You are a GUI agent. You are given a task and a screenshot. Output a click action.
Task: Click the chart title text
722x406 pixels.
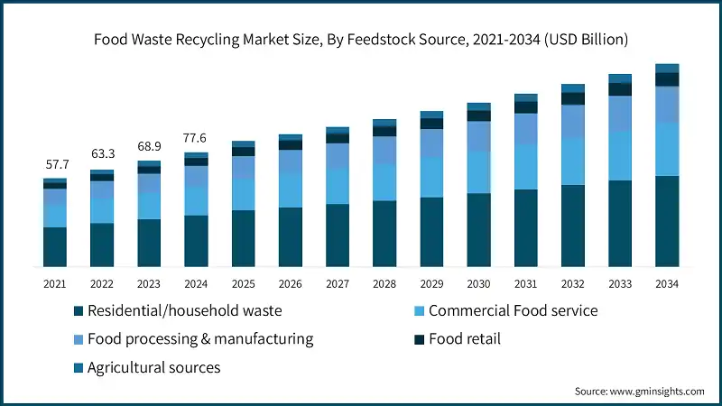pyautogui.click(x=361, y=40)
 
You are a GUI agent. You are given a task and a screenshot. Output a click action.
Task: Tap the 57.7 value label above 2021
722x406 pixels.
pyautogui.click(x=55, y=165)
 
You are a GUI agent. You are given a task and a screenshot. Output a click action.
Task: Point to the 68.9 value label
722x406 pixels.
pyautogui.click(x=149, y=146)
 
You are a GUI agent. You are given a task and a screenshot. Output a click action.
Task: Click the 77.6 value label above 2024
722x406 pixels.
pyautogui.click(x=196, y=137)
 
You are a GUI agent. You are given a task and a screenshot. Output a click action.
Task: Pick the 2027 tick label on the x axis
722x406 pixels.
pyautogui.click(x=337, y=284)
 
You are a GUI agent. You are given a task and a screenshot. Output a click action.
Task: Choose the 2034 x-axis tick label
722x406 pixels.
pyautogui.click(x=666, y=284)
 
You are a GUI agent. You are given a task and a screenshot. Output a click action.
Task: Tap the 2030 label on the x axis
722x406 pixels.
pyautogui.click(x=478, y=284)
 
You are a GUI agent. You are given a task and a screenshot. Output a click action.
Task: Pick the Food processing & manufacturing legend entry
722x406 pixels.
pyautogui.click(x=199, y=339)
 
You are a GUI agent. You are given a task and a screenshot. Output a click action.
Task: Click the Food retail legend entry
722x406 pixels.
pyautogui.click(x=464, y=339)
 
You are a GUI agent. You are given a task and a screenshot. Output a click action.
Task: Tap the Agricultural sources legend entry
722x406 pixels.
pyautogui.click(x=153, y=367)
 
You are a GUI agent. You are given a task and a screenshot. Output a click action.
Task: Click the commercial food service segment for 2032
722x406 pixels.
pyautogui.click(x=573, y=161)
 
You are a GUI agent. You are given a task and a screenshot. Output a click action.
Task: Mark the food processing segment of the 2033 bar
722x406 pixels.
pyautogui.click(x=620, y=114)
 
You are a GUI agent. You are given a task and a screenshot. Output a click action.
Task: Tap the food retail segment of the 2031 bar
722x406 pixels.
pyautogui.click(x=526, y=107)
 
